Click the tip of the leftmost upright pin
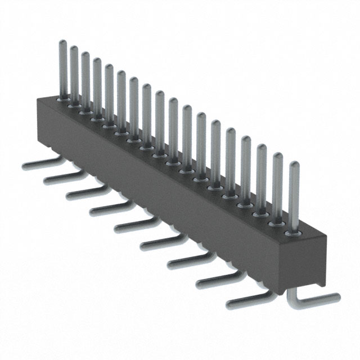click(x=62, y=42)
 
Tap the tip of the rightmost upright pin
click(x=294, y=164)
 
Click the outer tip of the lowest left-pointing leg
click(x=229, y=305)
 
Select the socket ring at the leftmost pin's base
click(x=62, y=97)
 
